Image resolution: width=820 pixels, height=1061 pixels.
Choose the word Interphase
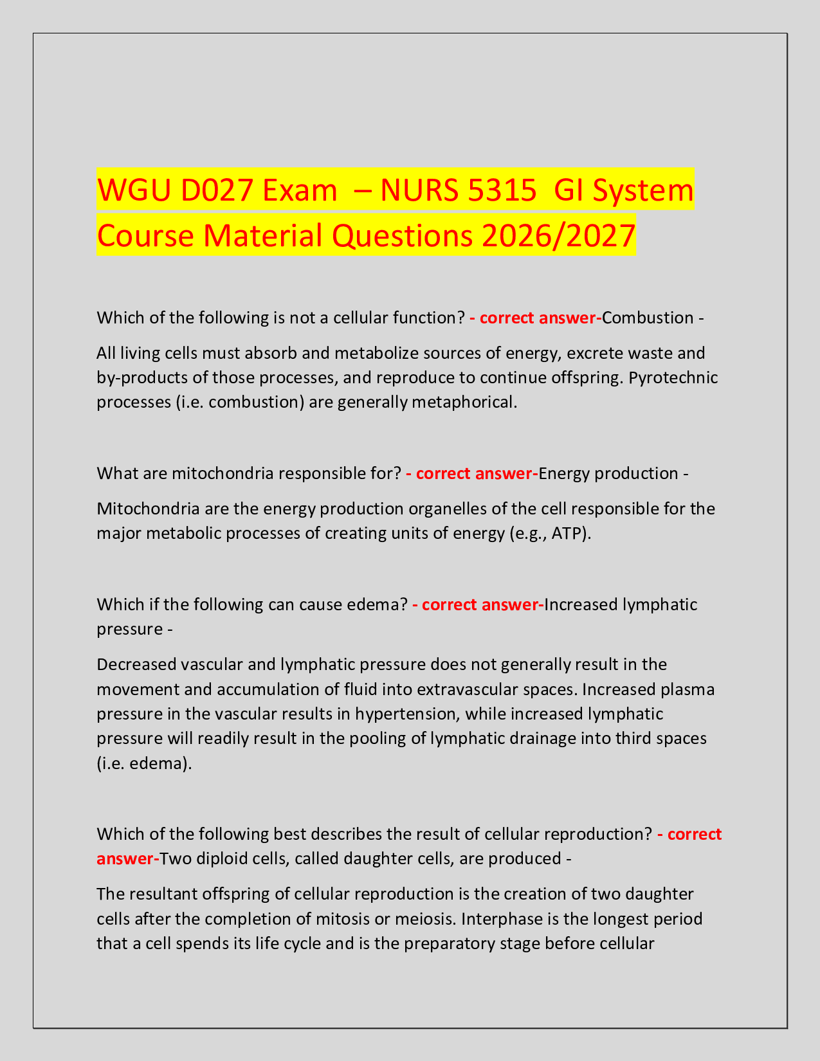(498, 919)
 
